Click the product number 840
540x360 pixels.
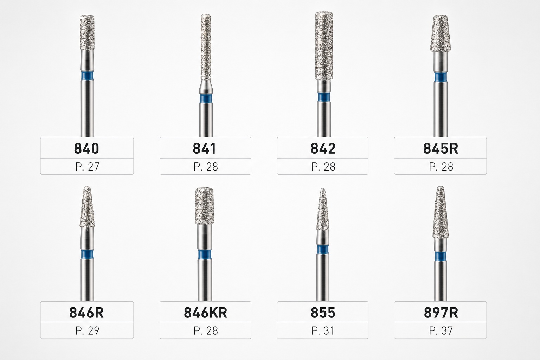coord(86,148)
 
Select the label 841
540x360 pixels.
coord(204,148)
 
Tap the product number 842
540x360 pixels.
coord(323,148)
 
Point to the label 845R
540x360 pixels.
coord(441,148)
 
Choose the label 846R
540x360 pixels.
coord(86,313)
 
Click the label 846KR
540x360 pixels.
coord(205,313)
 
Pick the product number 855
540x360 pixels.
coord(323,313)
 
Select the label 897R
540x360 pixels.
coord(441,313)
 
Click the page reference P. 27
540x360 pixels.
coord(87,167)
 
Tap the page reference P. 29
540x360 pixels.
coord(87,330)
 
